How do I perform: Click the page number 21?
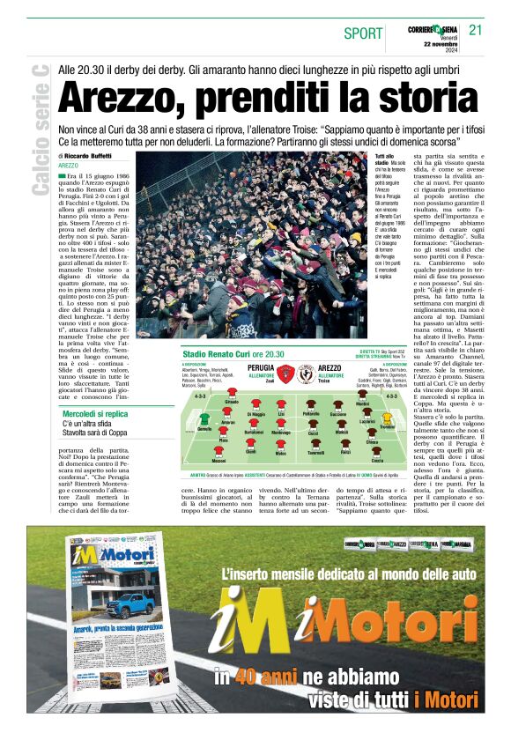tap(476, 30)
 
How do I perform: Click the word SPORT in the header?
tap(363, 33)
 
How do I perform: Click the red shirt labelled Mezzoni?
tap(218, 454)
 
